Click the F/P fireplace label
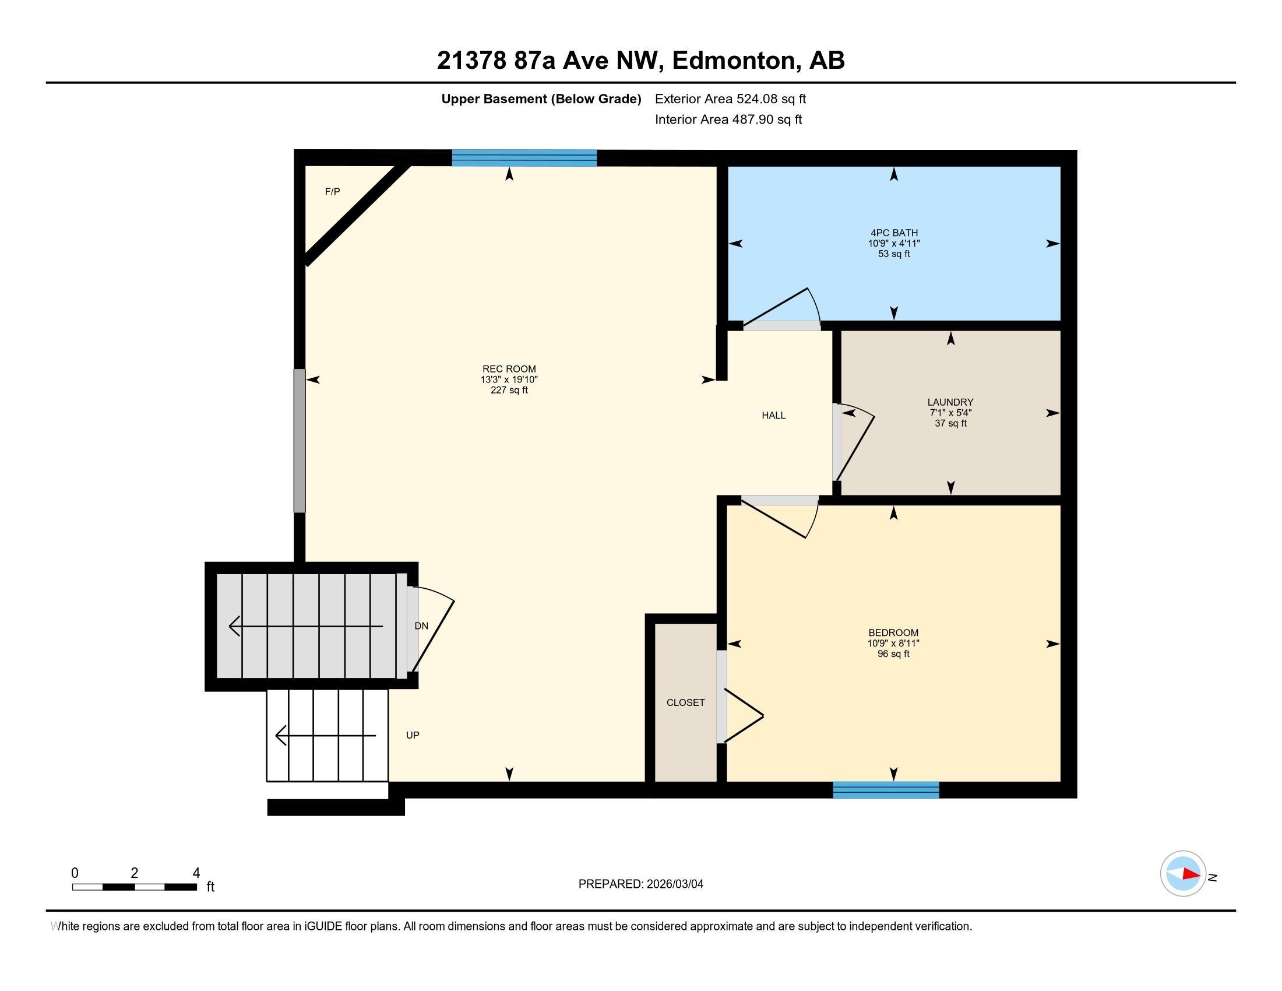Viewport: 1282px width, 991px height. pyautogui.click(x=332, y=191)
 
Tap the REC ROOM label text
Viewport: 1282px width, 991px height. pyautogui.click(x=509, y=369)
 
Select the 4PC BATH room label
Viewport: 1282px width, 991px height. pyautogui.click(x=894, y=233)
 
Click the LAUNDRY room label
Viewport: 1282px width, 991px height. pyautogui.click(x=950, y=402)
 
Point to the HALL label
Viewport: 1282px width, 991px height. pyautogui.click(x=773, y=416)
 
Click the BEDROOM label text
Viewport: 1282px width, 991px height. pyautogui.click(x=893, y=633)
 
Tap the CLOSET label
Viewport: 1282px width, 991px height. pyautogui.click(x=686, y=703)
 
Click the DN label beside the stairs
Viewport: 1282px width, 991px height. pyautogui.click(x=421, y=627)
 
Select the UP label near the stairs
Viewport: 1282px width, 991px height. pyautogui.click(x=413, y=736)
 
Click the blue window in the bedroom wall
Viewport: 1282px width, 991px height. pyautogui.click(x=886, y=790)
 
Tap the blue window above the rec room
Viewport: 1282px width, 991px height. pyautogui.click(x=524, y=158)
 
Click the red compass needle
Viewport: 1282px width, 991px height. pyautogui.click(x=1191, y=874)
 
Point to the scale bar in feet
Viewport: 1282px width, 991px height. pyautogui.click(x=135, y=887)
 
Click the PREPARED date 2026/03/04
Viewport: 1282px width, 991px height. pyautogui.click(x=640, y=884)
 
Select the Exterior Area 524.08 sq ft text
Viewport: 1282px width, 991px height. pyautogui.click(x=730, y=99)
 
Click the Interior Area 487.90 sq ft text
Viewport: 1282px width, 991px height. pyautogui.click(x=728, y=120)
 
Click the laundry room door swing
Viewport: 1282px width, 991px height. pyautogui.click(x=855, y=440)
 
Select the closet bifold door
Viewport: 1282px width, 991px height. pyautogui.click(x=743, y=715)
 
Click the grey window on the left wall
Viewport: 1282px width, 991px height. pyautogui.click(x=300, y=440)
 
